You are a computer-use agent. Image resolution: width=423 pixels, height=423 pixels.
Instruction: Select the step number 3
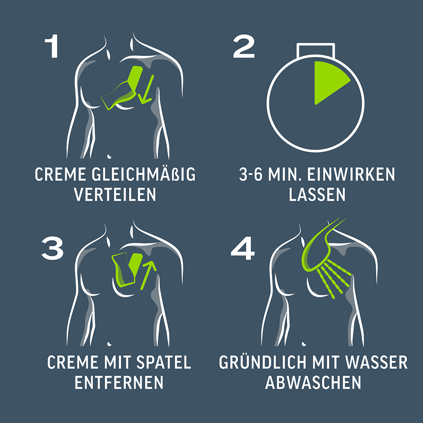[52, 248]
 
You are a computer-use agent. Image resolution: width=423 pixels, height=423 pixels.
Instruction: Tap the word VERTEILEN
[115, 195]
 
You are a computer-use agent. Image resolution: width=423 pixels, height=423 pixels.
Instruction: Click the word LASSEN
[317, 195]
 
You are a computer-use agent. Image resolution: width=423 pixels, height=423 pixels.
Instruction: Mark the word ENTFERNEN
[119, 383]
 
